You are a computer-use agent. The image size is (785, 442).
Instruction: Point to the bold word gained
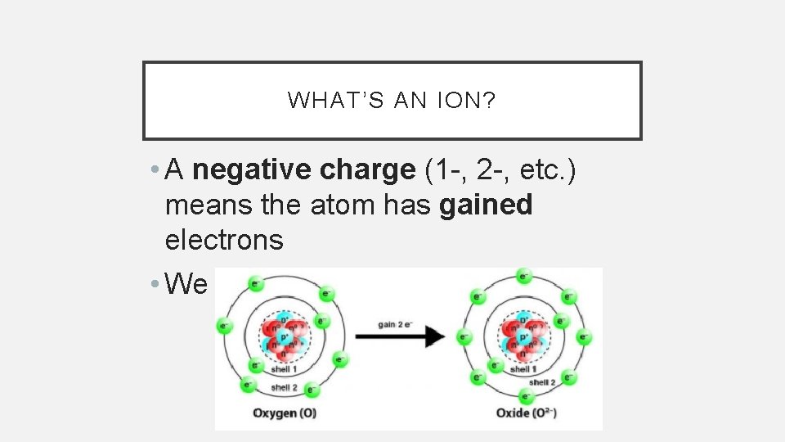click(486, 205)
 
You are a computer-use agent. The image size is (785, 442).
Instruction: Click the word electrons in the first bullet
click(224, 241)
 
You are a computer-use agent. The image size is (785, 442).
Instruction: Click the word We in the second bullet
click(187, 284)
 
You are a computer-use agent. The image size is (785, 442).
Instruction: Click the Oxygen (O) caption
click(285, 413)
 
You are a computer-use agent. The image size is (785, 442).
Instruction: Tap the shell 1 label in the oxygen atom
click(285, 369)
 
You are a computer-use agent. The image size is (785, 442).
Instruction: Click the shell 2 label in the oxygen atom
click(285, 387)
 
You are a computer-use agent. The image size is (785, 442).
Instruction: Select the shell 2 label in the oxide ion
click(543, 382)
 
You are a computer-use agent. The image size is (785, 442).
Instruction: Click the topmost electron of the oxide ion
click(524, 277)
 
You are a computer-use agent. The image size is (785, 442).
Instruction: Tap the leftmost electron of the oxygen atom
click(222, 327)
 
